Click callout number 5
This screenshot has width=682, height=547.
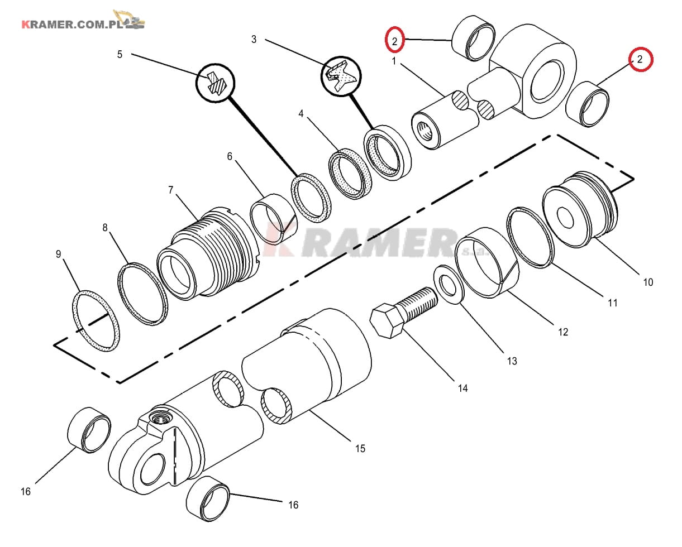pyautogui.click(x=120, y=55)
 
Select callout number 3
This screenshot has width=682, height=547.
pyautogui.click(x=254, y=39)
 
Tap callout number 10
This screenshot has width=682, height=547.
pyautogui.click(x=648, y=282)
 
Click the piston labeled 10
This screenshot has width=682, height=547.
pyautogui.click(x=580, y=210)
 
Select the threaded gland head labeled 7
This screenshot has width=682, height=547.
pyautogui.click(x=208, y=253)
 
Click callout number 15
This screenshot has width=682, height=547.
pyautogui.click(x=360, y=449)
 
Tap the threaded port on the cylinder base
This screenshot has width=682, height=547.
pyautogui.click(x=161, y=419)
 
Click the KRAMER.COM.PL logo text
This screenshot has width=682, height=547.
pyautogui.click(x=72, y=25)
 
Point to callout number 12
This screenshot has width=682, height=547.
pyautogui.click(x=563, y=332)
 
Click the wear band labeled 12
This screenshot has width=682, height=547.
pyautogui.click(x=487, y=262)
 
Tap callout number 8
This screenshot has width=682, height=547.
pyautogui.click(x=105, y=227)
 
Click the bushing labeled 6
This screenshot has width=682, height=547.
pyautogui.click(x=274, y=219)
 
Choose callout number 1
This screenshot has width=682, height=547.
pyautogui.click(x=394, y=61)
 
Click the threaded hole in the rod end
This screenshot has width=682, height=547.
pyautogui.click(x=425, y=131)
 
